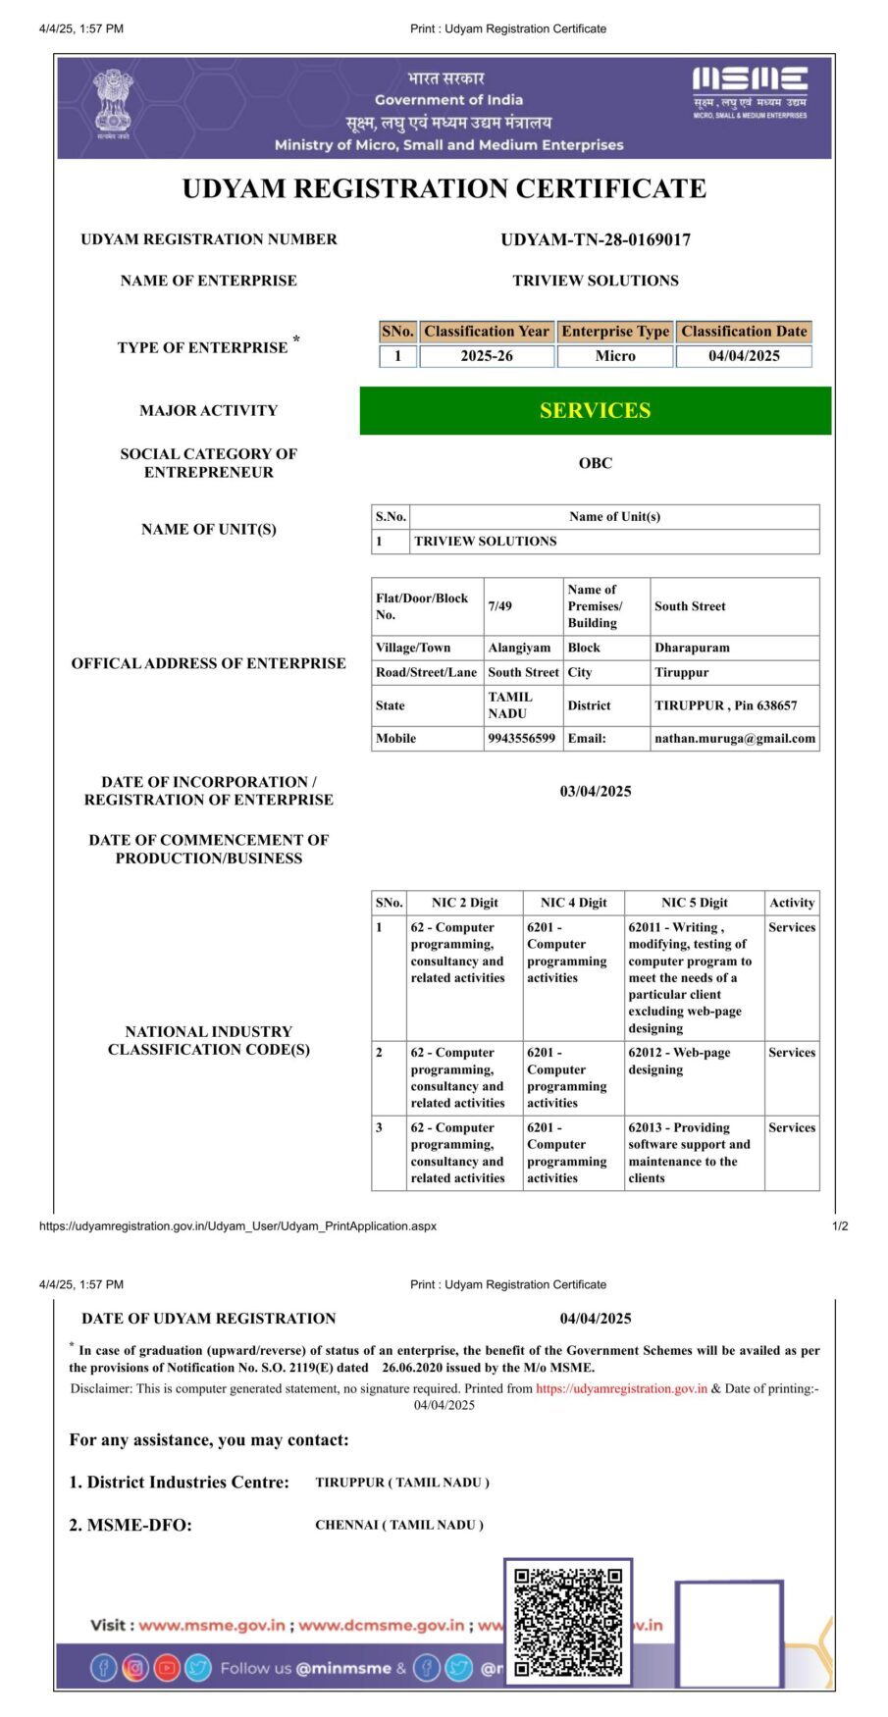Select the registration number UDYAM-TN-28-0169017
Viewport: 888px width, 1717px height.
pyautogui.click(x=596, y=239)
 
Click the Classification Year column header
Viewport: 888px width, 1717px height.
pyautogui.click(x=487, y=332)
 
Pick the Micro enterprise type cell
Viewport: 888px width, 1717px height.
pyautogui.click(x=615, y=356)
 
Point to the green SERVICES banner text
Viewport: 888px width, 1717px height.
pyautogui.click(x=595, y=411)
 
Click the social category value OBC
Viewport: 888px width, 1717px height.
pyautogui.click(x=596, y=463)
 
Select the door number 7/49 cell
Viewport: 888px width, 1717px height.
pyautogui.click(x=500, y=606)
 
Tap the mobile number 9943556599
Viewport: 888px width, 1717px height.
pyautogui.click(x=521, y=739)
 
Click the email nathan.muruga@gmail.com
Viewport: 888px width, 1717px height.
pyautogui.click(x=735, y=739)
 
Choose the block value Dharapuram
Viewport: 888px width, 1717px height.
pyautogui.click(x=692, y=648)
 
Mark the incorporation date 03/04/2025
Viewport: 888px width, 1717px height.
pyautogui.click(x=596, y=792)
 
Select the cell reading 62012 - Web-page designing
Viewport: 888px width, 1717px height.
pyautogui.click(x=679, y=1062)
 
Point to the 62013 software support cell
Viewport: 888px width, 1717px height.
pyautogui.click(x=689, y=1153)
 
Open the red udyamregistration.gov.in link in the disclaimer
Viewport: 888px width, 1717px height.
pyautogui.click(x=621, y=1388)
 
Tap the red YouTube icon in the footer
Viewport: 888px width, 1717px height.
pyautogui.click(x=167, y=1668)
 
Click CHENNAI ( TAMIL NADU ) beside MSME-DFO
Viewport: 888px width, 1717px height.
pyautogui.click(x=399, y=1525)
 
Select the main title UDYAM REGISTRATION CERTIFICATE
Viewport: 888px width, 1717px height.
pyautogui.click(x=444, y=188)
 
